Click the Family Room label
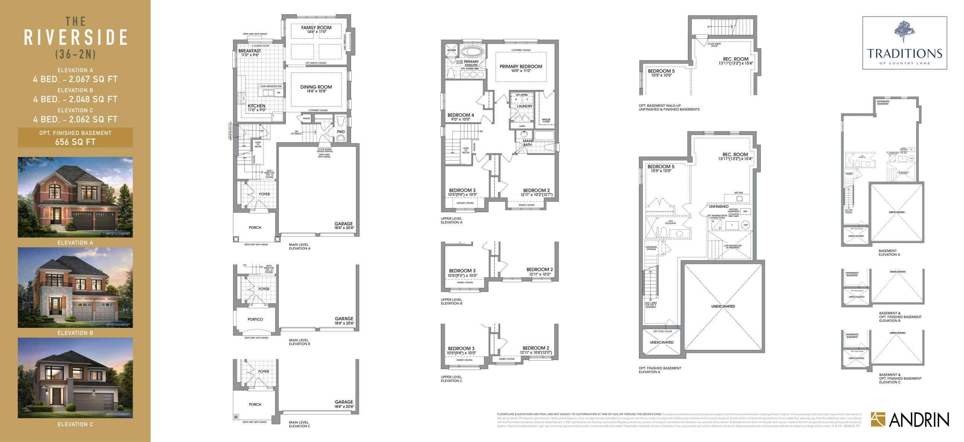pos(316,28)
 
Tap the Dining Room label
pos(316,87)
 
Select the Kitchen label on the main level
pos(256,106)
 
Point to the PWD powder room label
pos(341,132)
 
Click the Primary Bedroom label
pos(521,67)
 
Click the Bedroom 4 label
pos(461,115)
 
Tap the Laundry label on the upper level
pos(525,106)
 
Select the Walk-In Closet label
pos(546,121)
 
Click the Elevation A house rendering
pos(75,197)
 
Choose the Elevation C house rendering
pos(75,378)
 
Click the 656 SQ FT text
pos(75,142)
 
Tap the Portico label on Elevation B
pos(255,319)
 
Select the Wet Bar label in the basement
pos(738,193)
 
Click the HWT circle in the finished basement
pos(746,225)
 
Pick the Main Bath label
pos(528,143)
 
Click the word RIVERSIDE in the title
pos(76,38)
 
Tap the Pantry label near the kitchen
pos(307,118)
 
